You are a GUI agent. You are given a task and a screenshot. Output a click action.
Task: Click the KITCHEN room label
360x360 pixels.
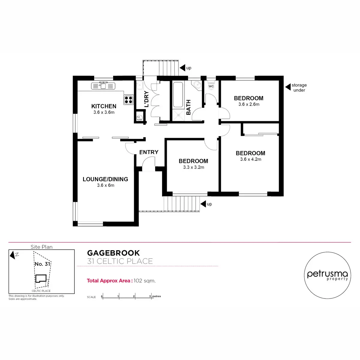tap(104, 106)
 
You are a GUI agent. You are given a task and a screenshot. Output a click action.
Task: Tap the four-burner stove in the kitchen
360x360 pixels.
tap(128, 99)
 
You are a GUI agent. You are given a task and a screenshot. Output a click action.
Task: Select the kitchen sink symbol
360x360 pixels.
tap(103, 85)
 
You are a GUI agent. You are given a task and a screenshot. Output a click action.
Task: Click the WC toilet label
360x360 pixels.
tap(211, 86)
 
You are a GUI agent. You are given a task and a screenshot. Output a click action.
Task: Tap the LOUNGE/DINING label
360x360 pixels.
tap(105, 179)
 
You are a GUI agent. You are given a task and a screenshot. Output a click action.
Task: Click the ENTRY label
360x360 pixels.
tap(149, 152)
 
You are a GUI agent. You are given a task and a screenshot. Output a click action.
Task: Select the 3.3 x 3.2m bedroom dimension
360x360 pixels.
tap(193, 167)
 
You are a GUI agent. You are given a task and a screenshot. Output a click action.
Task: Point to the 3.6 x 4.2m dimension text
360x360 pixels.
tap(250, 159)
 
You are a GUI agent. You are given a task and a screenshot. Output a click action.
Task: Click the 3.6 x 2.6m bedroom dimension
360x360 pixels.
tap(249, 104)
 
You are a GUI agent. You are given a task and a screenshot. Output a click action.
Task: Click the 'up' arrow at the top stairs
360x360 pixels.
tap(182, 68)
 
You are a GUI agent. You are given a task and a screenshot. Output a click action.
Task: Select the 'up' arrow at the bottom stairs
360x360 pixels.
tap(203, 204)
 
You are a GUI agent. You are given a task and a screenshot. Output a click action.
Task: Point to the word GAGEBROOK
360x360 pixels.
tap(113, 253)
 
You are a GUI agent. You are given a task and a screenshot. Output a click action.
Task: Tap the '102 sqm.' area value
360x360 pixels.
tap(145, 281)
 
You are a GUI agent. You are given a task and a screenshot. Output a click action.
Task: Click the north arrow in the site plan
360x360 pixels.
tap(13, 255)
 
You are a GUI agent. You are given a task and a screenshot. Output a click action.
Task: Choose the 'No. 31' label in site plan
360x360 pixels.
tap(42, 264)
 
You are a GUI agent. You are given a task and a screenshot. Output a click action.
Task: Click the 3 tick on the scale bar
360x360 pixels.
tap(150, 296)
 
